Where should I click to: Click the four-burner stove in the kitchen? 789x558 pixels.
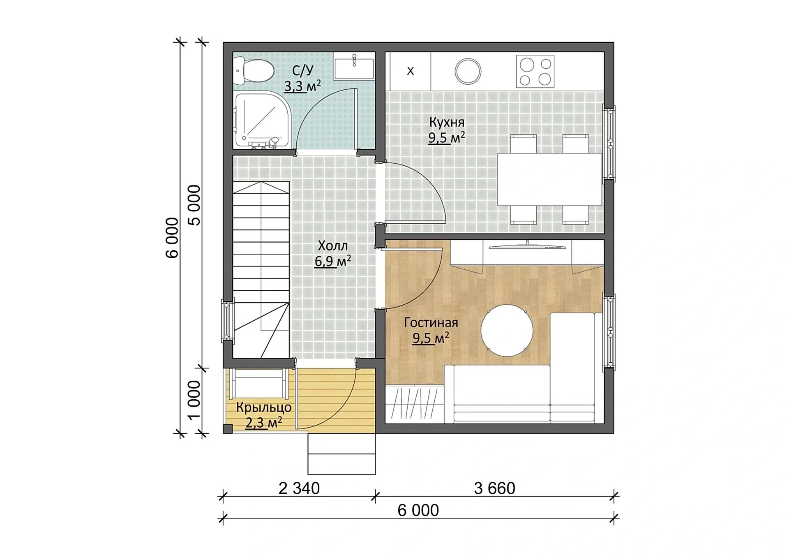tap(535, 72)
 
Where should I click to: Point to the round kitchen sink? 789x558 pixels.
tap(468, 71)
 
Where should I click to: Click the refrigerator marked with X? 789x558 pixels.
tap(410, 71)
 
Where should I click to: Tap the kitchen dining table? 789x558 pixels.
tap(549, 179)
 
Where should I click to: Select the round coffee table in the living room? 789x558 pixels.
tap(507, 331)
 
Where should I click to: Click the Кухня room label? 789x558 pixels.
tap(447, 122)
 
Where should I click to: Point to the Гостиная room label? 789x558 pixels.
tap(431, 323)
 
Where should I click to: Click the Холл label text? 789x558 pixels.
tap(333, 246)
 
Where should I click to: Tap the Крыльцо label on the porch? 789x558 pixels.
tap(264, 408)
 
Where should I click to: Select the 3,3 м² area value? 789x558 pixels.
tap(303, 86)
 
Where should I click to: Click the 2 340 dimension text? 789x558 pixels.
tap(299, 488)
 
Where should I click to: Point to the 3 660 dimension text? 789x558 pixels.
tap(494, 488)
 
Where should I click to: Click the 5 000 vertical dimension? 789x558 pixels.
tap(194, 205)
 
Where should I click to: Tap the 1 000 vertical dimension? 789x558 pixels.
tap(194, 400)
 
